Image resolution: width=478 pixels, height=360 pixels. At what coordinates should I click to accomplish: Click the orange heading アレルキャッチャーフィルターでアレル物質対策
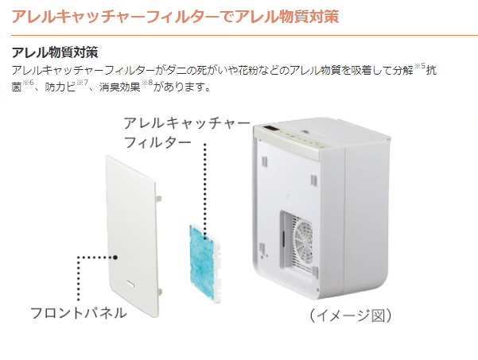point(175,16)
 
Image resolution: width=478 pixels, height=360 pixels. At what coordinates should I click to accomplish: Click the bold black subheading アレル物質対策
point(55,52)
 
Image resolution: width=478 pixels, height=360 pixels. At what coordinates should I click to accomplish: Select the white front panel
point(132,236)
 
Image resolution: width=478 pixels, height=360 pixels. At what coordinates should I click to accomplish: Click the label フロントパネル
point(79,313)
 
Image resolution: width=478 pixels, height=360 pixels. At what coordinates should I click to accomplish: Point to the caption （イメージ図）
point(351,315)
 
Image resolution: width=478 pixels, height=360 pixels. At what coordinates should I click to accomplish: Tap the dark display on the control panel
point(270,129)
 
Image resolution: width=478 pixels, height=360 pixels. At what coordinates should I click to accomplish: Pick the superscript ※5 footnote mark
point(419,66)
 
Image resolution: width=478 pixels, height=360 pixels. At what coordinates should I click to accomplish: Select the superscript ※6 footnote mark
point(28,83)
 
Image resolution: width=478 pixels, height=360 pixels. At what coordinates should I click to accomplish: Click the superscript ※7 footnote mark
point(82,83)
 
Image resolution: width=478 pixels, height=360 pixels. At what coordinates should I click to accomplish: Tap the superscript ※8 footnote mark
point(147,83)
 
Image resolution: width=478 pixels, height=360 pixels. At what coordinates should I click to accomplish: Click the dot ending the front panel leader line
point(115,257)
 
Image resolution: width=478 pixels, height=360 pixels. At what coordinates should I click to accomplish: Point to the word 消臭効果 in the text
point(120,87)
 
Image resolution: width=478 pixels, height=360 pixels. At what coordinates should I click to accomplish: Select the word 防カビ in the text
point(60,87)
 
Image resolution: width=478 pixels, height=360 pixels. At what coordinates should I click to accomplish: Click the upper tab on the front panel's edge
point(158,198)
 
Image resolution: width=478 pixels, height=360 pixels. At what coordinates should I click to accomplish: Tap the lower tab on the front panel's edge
point(159,292)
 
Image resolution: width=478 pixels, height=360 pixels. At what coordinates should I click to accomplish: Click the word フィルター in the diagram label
point(157,142)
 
